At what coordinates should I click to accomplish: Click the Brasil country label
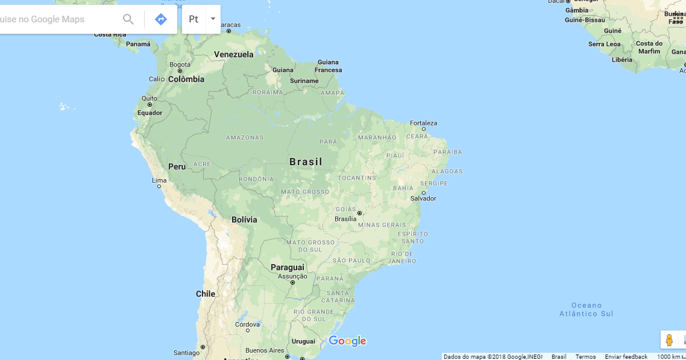coord(306,162)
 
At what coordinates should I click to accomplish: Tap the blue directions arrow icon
coord(161,19)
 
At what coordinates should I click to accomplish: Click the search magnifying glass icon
coord(128,19)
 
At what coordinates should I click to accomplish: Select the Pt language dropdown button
coord(201,19)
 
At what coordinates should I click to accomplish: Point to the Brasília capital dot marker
coord(359,213)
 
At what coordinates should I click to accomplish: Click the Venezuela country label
coord(234,54)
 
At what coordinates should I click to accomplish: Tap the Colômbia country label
coord(186,79)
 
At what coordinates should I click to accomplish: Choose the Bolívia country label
coord(244,219)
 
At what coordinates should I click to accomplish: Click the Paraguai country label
coord(288,267)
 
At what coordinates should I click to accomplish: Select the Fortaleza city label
coord(424,123)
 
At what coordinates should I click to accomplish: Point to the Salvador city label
coord(423,198)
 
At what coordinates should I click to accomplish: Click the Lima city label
coord(159,180)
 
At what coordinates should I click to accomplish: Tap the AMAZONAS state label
coord(245,137)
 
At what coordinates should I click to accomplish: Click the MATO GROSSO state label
coord(304,192)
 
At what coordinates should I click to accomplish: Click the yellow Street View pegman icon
coord(669,339)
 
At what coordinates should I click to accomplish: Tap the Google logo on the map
coord(347,341)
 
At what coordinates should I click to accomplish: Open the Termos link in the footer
coord(585,356)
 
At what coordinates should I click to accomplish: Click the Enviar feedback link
coord(626,356)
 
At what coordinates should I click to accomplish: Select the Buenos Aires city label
coord(265,350)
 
